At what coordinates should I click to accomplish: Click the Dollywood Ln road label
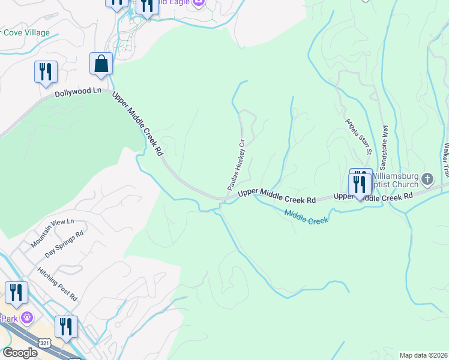coord(77,93)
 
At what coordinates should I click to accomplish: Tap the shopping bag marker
coord(101,64)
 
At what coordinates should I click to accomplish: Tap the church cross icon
coord(427,179)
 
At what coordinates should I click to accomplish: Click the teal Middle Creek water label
coord(306,217)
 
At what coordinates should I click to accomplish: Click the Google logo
coord(20,353)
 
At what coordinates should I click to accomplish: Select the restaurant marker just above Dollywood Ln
coord(46,72)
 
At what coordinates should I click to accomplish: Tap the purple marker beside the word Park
coord(26,317)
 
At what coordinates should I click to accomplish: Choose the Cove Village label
coord(26,33)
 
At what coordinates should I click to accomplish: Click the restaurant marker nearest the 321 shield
coord(66,327)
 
